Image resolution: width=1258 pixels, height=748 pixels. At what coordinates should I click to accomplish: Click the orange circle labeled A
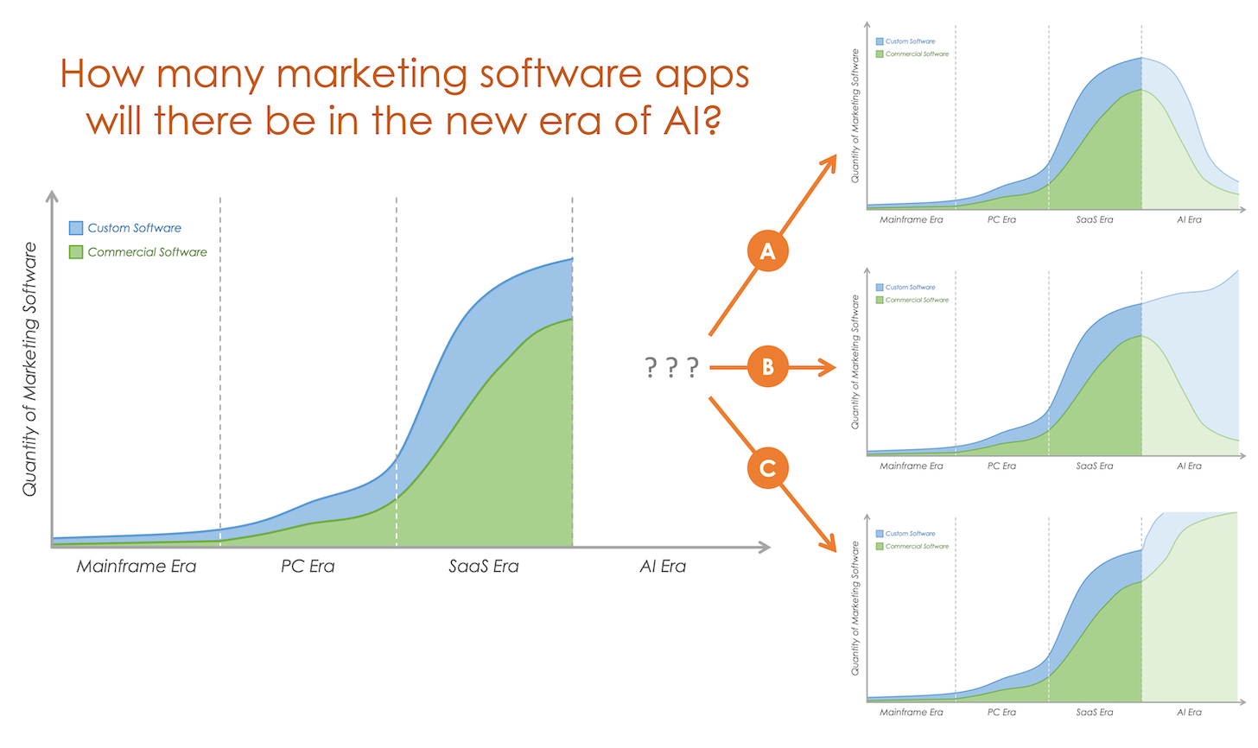pyautogui.click(x=767, y=251)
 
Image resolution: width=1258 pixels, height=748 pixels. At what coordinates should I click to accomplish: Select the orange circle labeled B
pyautogui.click(x=767, y=367)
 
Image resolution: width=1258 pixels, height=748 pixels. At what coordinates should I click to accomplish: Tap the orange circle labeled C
pyautogui.click(x=767, y=468)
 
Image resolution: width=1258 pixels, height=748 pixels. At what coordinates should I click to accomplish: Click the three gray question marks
pyautogui.click(x=671, y=368)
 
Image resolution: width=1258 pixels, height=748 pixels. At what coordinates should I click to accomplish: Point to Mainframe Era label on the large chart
pyautogui.click(x=137, y=567)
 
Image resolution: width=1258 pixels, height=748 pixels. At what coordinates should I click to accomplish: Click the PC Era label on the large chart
pyautogui.click(x=308, y=567)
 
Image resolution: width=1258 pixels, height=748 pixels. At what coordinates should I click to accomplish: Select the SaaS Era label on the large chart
pyautogui.click(x=484, y=567)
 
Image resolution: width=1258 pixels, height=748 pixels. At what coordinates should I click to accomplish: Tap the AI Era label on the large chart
pyautogui.click(x=663, y=567)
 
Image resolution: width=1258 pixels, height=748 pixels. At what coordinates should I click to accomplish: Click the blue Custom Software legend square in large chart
pyautogui.click(x=76, y=228)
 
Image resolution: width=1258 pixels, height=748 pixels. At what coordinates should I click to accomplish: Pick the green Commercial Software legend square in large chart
pyautogui.click(x=76, y=252)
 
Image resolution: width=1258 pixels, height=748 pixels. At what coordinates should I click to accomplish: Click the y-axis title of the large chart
pyautogui.click(x=30, y=369)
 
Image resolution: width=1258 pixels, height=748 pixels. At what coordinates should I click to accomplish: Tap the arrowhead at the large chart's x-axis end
pyautogui.click(x=764, y=547)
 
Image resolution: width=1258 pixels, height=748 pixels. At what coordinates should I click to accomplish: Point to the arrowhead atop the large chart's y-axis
pyautogui.click(x=53, y=196)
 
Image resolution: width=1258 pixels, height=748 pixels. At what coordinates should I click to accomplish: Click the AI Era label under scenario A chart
pyautogui.click(x=1189, y=219)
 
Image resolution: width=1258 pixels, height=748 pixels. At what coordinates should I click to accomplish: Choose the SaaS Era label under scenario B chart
pyautogui.click(x=1095, y=466)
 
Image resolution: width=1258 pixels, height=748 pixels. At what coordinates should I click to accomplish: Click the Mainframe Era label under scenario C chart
pyautogui.click(x=912, y=712)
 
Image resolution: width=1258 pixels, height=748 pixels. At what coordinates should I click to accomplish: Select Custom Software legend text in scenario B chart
pyautogui.click(x=910, y=288)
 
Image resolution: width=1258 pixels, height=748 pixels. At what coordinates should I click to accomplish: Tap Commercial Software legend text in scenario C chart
pyautogui.click(x=917, y=546)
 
